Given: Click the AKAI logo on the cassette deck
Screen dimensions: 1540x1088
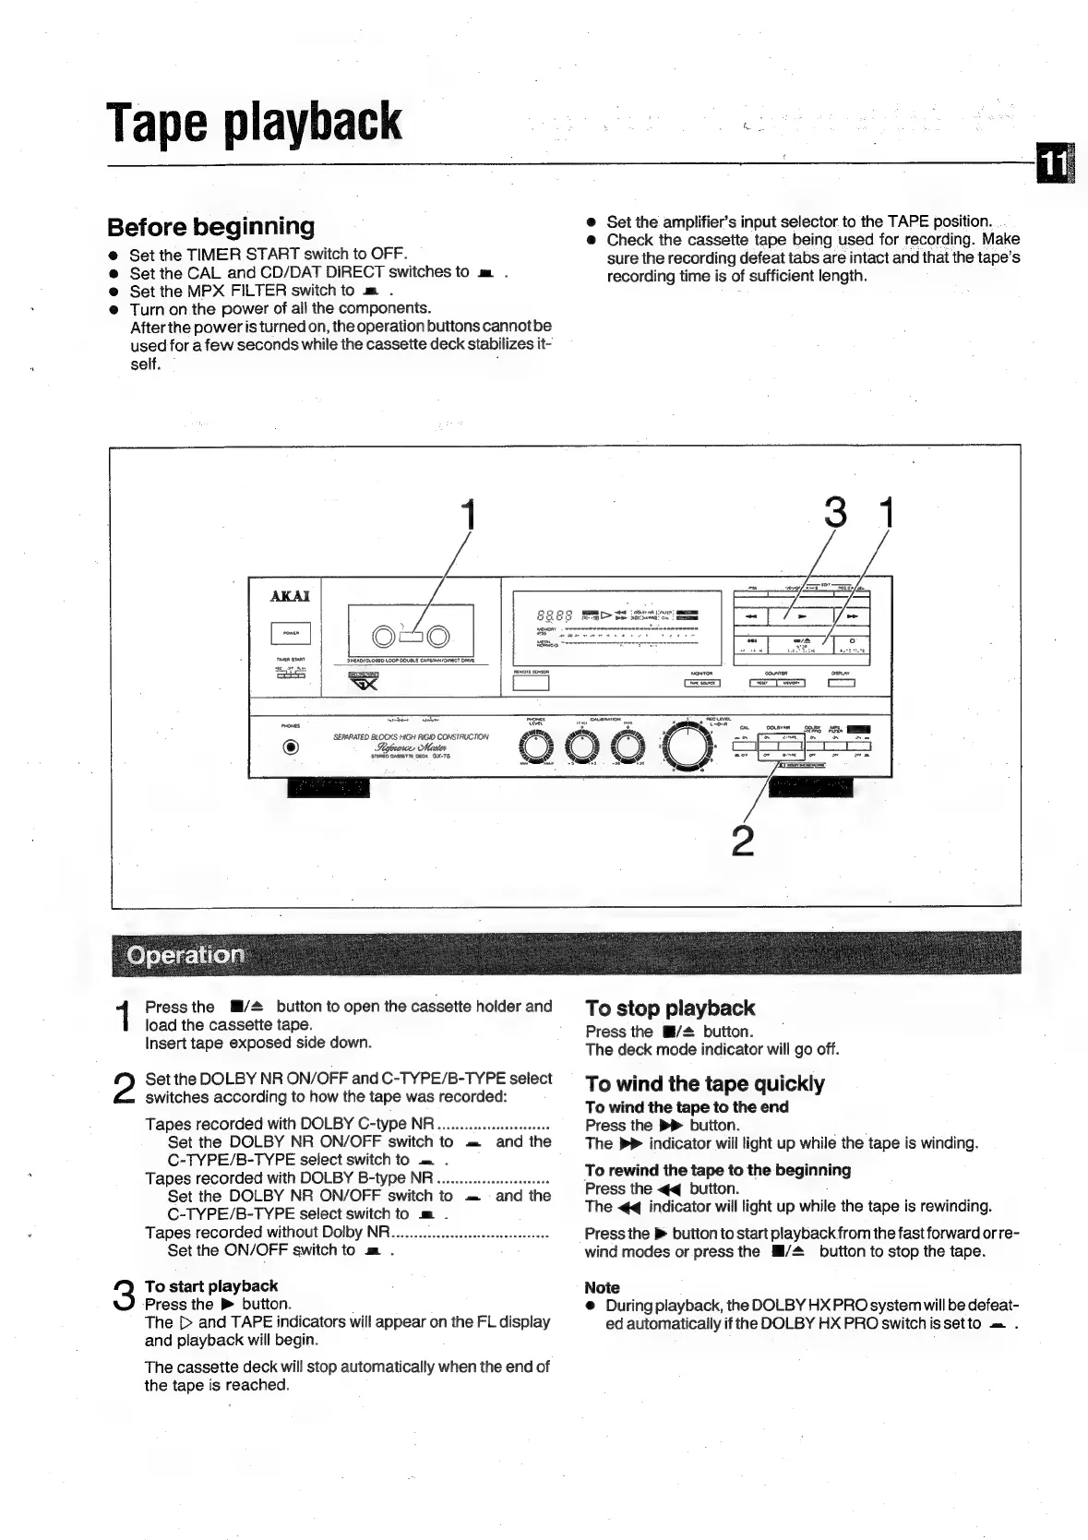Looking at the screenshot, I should click(290, 596).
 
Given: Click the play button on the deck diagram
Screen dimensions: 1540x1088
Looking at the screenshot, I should click(801, 615).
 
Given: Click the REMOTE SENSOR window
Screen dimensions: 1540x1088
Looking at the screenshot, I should click(531, 684).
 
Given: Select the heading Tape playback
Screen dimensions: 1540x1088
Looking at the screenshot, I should click(255, 121).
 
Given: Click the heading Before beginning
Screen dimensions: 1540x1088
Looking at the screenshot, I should click(210, 227).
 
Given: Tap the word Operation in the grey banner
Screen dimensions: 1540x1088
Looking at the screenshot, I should click(186, 954).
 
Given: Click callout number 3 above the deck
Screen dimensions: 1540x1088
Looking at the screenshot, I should click(834, 513).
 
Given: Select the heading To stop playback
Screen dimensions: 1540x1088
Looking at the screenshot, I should click(670, 1008).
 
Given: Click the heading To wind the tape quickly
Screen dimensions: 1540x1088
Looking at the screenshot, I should click(705, 1083).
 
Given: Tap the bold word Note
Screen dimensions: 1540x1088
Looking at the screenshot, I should click(602, 1287).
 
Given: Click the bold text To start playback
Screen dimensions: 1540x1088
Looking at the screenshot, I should click(210, 1285).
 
